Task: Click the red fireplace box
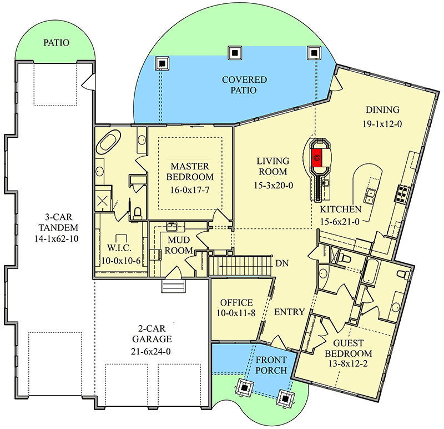click(x=316, y=158)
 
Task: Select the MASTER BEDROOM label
click(x=190, y=172)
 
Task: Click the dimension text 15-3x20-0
click(x=273, y=186)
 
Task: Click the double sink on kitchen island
click(x=370, y=196)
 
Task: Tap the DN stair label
click(x=282, y=263)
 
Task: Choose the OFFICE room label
click(x=236, y=302)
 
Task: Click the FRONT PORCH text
click(x=271, y=365)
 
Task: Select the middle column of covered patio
click(x=235, y=53)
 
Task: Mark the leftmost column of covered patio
click(x=162, y=63)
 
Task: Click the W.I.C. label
click(x=119, y=248)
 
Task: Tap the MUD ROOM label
click(x=179, y=245)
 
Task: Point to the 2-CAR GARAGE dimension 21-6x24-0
click(x=151, y=352)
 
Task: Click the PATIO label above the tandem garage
click(x=57, y=43)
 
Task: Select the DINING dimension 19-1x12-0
click(x=382, y=124)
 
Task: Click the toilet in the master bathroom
click(x=137, y=213)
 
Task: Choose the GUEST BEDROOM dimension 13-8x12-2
click(x=348, y=363)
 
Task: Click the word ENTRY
click(x=289, y=312)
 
